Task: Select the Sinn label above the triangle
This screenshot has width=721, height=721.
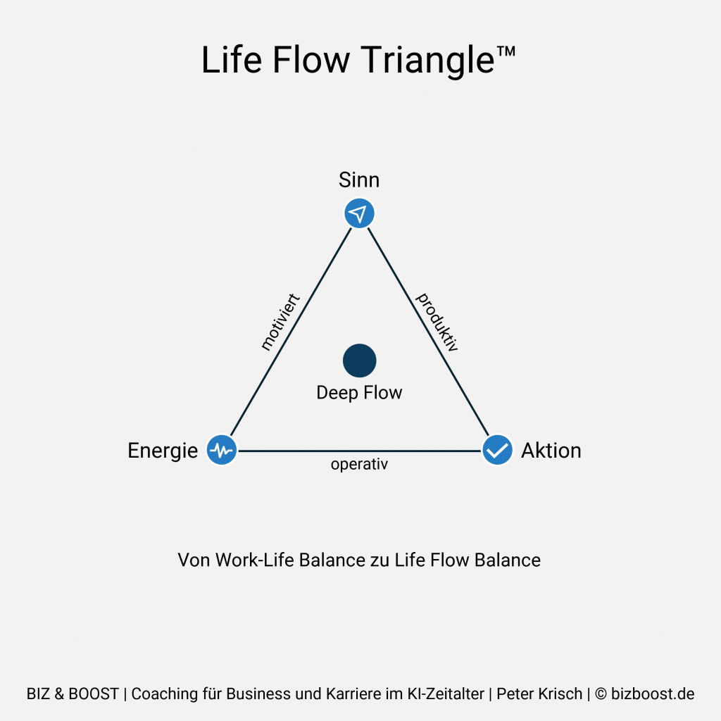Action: tap(359, 180)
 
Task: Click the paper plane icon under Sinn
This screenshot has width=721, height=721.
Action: tap(359, 213)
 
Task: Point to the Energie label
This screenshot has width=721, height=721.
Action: tap(163, 451)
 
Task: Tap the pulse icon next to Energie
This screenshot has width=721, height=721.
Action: tap(222, 449)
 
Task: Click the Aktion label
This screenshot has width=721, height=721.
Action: tap(551, 451)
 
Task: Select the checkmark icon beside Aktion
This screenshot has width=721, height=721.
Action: tap(498, 449)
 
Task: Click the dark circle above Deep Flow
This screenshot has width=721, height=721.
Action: tap(359, 360)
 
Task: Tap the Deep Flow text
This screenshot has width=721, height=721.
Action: tap(359, 393)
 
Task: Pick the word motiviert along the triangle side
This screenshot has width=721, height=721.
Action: tap(280, 322)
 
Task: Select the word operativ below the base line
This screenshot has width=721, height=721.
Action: tap(359, 465)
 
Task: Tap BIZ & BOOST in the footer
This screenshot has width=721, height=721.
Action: tap(73, 694)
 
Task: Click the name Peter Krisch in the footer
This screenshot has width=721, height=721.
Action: tap(539, 694)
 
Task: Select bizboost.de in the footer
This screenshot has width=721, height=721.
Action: tap(653, 694)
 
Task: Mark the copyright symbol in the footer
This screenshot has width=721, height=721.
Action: tap(601, 694)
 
